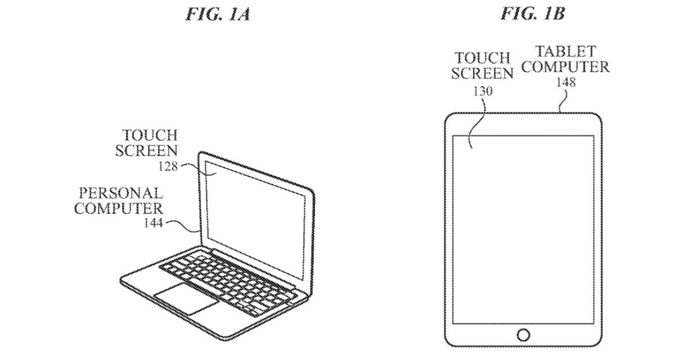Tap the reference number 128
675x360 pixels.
tap(168, 166)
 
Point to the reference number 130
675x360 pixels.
tap(483, 90)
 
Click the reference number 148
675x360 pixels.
tap(565, 82)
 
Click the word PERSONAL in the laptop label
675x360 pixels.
tap(120, 193)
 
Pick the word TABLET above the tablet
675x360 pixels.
tap(565, 52)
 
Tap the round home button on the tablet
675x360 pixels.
tap(523, 335)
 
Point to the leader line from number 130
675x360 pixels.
tap(476, 121)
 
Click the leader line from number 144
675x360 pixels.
tap(183, 225)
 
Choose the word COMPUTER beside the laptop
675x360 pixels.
tap(119, 208)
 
